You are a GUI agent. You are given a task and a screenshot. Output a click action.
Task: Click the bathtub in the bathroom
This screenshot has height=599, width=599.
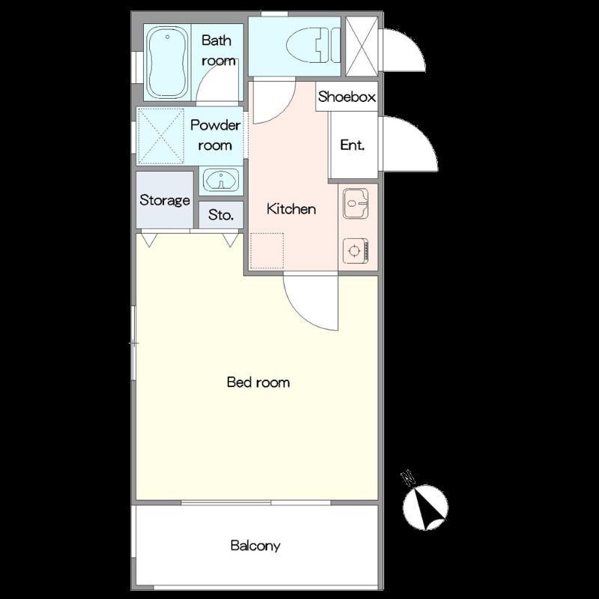pyautogui.click(x=167, y=63)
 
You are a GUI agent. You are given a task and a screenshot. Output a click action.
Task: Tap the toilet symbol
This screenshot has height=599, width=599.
pyautogui.click(x=313, y=45)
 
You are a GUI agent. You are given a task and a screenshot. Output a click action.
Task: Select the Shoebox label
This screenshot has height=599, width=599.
pyautogui.click(x=347, y=97)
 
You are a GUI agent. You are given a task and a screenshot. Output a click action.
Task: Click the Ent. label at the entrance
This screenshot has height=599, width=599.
pyautogui.click(x=352, y=145)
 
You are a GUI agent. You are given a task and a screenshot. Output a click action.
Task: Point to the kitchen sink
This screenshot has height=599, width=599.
pyautogui.click(x=355, y=203)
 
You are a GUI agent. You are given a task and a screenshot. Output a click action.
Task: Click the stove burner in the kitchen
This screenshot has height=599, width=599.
pyautogui.click(x=355, y=251)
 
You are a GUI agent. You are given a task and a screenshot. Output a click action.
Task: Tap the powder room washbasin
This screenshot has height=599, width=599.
pyautogui.click(x=221, y=179)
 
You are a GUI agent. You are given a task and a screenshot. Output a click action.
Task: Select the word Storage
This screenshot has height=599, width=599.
pyautogui.click(x=165, y=200)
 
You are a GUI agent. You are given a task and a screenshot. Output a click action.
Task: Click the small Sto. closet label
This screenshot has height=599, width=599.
pyautogui.click(x=221, y=215)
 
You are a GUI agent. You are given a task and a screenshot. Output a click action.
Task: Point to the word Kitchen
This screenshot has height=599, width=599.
pyautogui.click(x=291, y=209)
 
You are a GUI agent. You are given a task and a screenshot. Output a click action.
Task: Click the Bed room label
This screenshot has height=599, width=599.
pyautogui.click(x=258, y=382)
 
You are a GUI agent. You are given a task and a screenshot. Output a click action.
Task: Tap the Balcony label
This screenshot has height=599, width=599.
pyautogui.click(x=255, y=546)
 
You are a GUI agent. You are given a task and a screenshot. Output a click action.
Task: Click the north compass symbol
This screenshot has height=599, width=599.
pyautogui.click(x=425, y=508)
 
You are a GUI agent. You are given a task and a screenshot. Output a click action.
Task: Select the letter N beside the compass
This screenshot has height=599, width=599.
pyautogui.click(x=408, y=478)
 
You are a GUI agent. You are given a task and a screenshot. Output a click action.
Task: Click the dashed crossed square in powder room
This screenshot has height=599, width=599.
pyautogui.click(x=160, y=136)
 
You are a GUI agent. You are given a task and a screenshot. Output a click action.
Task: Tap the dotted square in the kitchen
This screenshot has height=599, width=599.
pyautogui.click(x=267, y=251)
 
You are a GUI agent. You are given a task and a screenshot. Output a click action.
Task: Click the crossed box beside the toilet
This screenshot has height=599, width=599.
pyautogui.click(x=362, y=46)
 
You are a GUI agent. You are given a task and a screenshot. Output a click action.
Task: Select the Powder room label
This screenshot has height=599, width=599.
pyautogui.click(x=215, y=135)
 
